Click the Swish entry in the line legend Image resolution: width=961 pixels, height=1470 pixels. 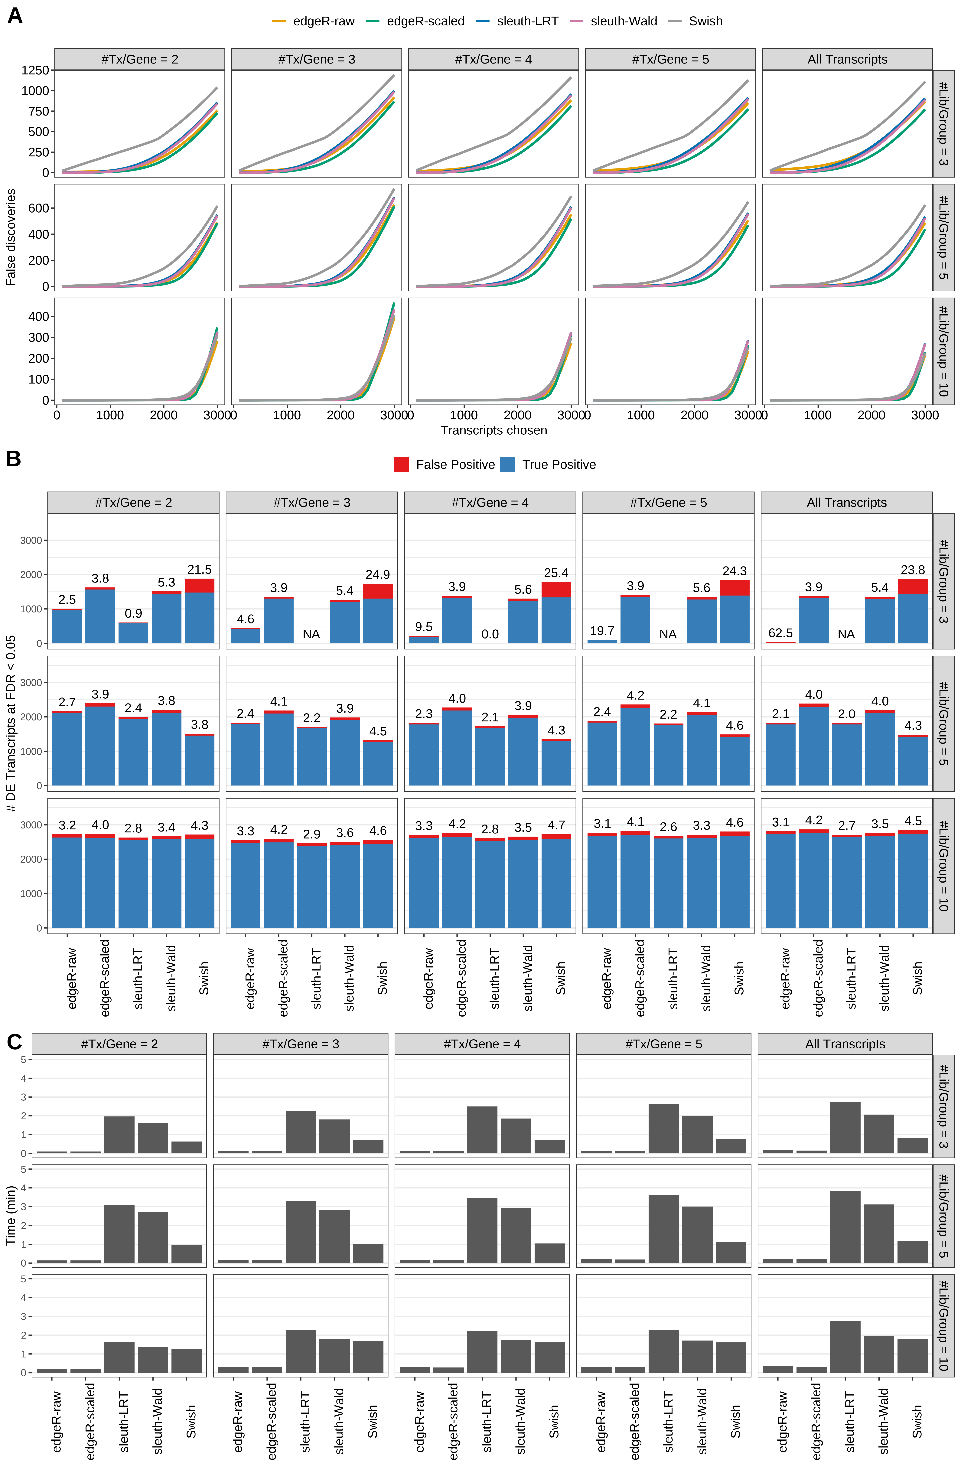(705, 21)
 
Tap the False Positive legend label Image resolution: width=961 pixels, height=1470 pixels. (455, 465)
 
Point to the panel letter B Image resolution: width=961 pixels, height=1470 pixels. (14, 459)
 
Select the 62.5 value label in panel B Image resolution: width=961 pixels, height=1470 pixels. (781, 633)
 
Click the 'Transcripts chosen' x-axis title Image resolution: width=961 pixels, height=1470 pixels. (494, 430)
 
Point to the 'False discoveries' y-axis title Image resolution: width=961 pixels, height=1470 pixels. (11, 237)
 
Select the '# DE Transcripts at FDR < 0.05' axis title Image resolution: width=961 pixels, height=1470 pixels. (11, 724)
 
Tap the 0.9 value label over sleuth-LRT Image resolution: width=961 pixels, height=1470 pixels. (133, 613)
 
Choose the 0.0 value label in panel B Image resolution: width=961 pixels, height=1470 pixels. (490, 634)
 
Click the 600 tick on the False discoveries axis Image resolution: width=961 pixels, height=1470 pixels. (38, 208)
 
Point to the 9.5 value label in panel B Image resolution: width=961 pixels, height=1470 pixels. (424, 627)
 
